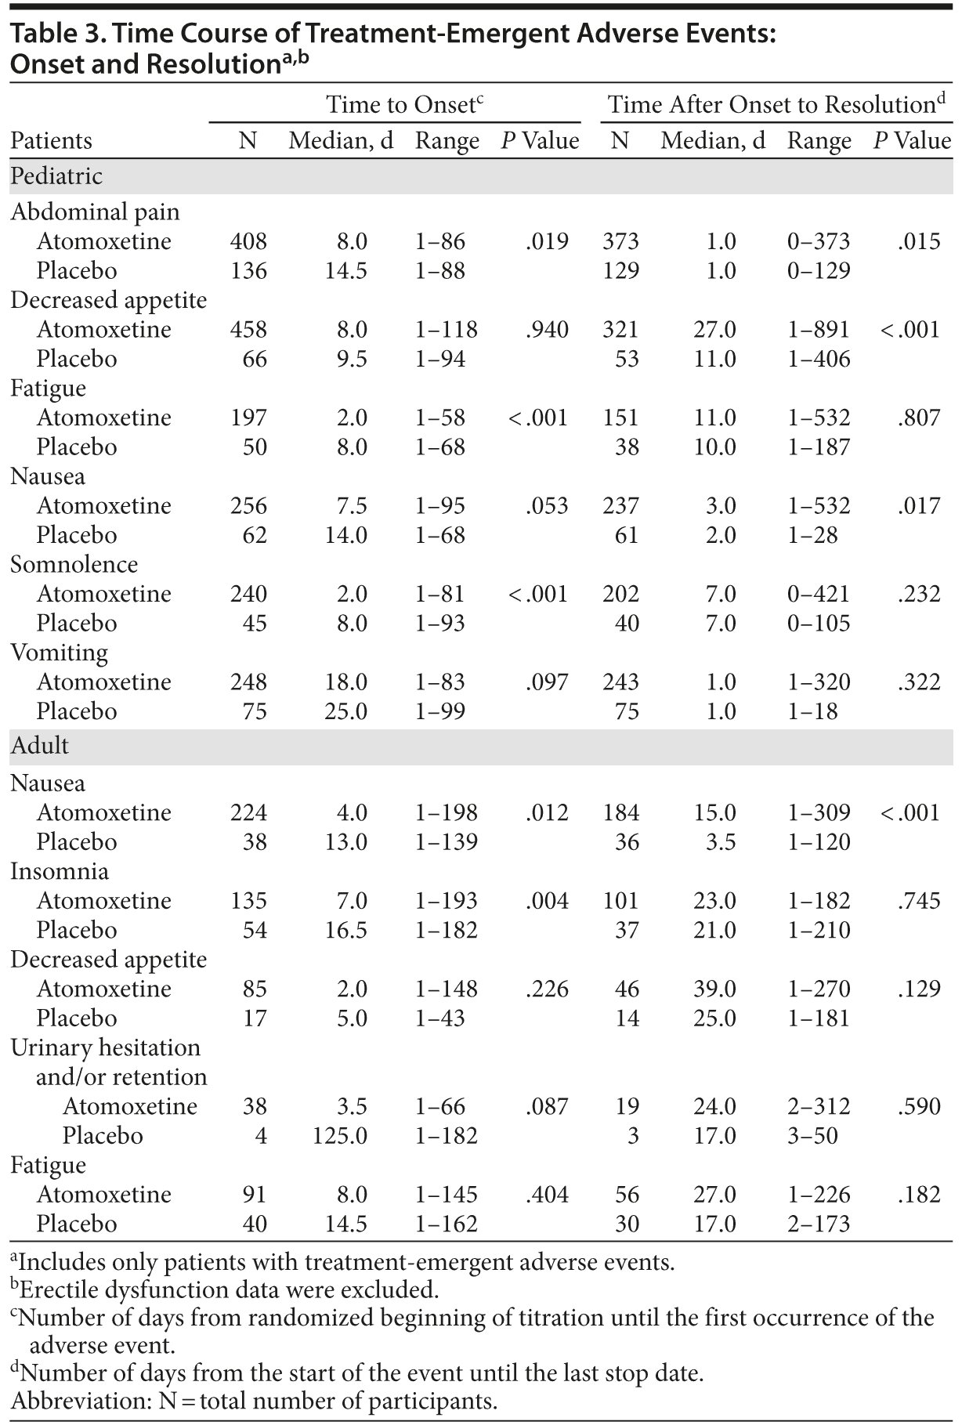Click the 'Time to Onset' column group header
point(400,105)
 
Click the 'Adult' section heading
point(40,746)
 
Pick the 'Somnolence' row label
point(74,565)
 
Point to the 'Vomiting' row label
point(59,653)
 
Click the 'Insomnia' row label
point(60,872)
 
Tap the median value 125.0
point(339,1136)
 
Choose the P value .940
point(547,330)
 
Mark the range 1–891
point(819,330)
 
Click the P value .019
point(547,241)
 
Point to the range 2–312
point(819,1107)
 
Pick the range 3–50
point(812,1136)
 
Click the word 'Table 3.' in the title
point(52,35)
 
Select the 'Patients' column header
point(51,141)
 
